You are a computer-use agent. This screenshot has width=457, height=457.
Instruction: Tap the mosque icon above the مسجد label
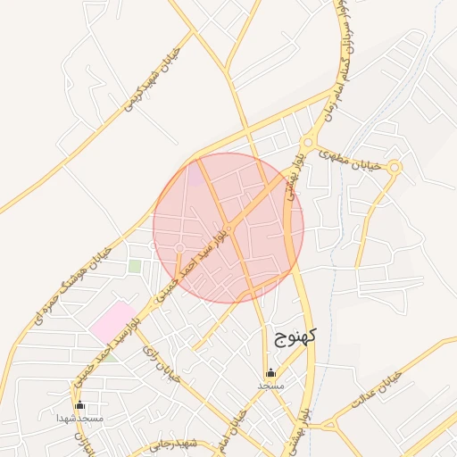pos(270,372)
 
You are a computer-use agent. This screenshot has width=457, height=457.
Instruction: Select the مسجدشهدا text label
pos(80,418)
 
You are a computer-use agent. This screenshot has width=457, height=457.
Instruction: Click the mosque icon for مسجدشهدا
pos(80,404)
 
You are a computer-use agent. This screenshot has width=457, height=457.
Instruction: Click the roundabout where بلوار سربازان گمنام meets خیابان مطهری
pos(308,142)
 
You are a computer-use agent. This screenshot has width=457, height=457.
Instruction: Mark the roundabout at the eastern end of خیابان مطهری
pos(395,167)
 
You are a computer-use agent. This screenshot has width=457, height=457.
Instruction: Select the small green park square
pos(135,265)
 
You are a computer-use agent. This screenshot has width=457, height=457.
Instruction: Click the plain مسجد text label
pos(270,386)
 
